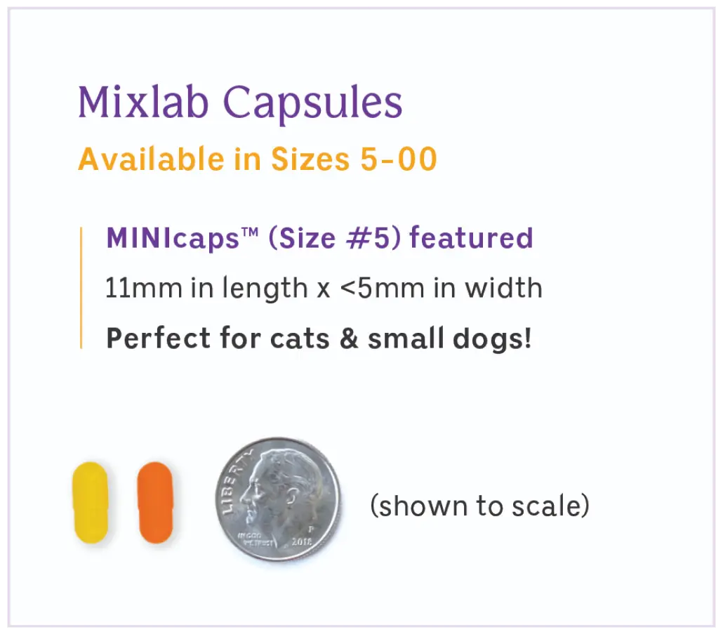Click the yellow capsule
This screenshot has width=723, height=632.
point(90,502)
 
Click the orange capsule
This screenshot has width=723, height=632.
point(154,502)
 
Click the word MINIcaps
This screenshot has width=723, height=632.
point(174,239)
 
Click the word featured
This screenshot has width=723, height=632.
point(471,239)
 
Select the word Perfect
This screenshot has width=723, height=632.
point(148,338)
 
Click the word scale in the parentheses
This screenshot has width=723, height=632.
point(552,505)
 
